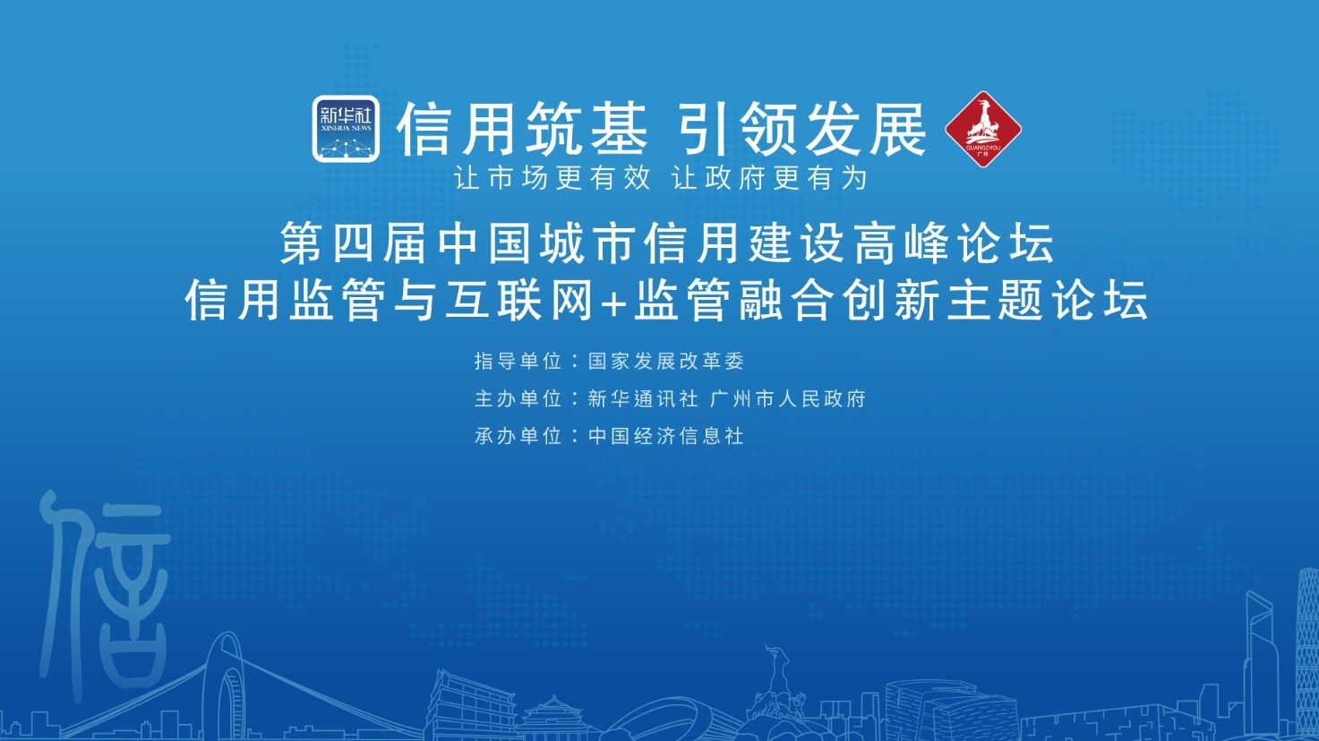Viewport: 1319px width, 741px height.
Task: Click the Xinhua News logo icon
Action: (346, 128)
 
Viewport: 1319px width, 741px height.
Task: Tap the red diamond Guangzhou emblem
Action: (983, 130)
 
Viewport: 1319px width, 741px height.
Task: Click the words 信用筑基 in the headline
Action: (522, 129)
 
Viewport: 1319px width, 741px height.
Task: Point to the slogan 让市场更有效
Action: (552, 177)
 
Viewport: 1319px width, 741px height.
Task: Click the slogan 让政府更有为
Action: (769, 177)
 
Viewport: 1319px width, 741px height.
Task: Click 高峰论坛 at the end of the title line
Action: (954, 243)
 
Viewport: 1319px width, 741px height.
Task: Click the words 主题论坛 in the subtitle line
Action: (1048, 300)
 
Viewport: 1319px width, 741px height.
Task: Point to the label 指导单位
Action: (518, 361)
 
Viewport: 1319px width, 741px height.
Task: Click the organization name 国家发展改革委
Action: (666, 361)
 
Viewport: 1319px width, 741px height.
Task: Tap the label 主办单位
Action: (518, 398)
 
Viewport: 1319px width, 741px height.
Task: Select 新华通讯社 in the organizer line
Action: (643, 398)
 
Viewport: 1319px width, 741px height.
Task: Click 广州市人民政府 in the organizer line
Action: (788, 398)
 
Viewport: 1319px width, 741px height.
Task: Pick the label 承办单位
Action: (518, 436)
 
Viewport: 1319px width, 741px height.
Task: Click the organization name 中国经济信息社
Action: (666, 436)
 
